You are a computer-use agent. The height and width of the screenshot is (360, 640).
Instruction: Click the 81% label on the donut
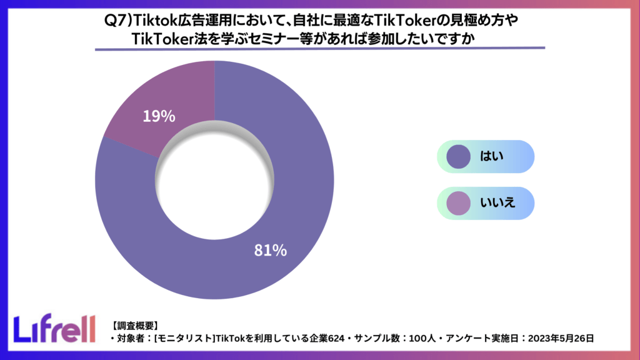pos(270,251)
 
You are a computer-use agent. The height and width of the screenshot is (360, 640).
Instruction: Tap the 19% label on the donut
pos(159,116)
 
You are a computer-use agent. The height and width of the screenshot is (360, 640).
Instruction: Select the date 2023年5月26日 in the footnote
pos(561,338)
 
